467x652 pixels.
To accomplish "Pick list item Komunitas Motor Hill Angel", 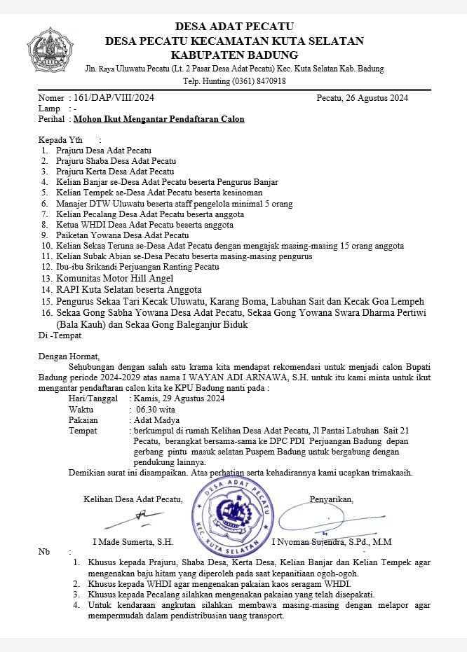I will tap(119, 278).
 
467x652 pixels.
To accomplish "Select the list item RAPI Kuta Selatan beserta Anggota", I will tap(130, 289).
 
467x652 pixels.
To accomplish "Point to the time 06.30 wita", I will tap(158, 409).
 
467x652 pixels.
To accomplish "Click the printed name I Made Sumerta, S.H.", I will tap(133, 542).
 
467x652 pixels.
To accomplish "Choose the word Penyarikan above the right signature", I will tap(331, 499).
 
